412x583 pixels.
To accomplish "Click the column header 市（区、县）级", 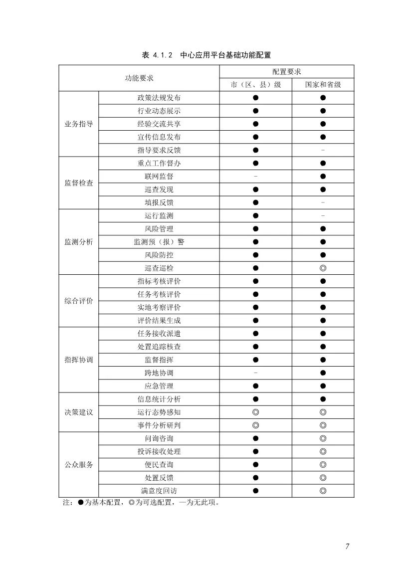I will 255,85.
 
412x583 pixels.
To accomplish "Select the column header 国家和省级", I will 323,85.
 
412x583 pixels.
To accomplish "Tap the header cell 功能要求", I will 139,78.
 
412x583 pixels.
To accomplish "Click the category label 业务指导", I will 79,124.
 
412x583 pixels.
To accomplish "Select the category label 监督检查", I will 79,183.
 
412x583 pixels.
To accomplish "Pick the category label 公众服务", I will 79,464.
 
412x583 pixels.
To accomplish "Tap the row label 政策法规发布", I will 159,98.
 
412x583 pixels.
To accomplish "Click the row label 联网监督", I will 159,176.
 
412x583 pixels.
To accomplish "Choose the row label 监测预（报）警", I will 159,242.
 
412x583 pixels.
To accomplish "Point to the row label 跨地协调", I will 159,373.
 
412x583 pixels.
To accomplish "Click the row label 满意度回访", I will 159,491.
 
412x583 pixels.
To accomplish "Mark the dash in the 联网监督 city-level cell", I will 255,176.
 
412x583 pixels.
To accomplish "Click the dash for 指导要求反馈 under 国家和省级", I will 323,150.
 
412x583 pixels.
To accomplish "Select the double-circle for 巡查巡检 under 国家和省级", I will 323,268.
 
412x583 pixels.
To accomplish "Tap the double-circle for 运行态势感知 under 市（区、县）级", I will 255,412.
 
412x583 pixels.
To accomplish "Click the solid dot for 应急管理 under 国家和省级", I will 323,386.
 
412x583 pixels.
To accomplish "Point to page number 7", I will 347,546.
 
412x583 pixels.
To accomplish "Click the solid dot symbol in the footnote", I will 80,503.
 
